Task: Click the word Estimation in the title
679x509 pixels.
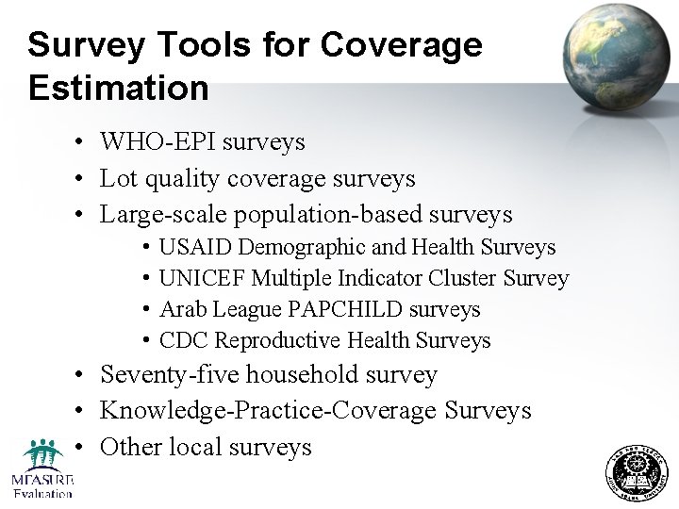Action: (119, 88)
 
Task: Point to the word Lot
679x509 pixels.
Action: (118, 178)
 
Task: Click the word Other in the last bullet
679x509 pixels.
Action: (130, 447)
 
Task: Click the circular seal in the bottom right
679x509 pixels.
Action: (635, 472)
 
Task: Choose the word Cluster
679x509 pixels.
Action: (463, 278)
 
